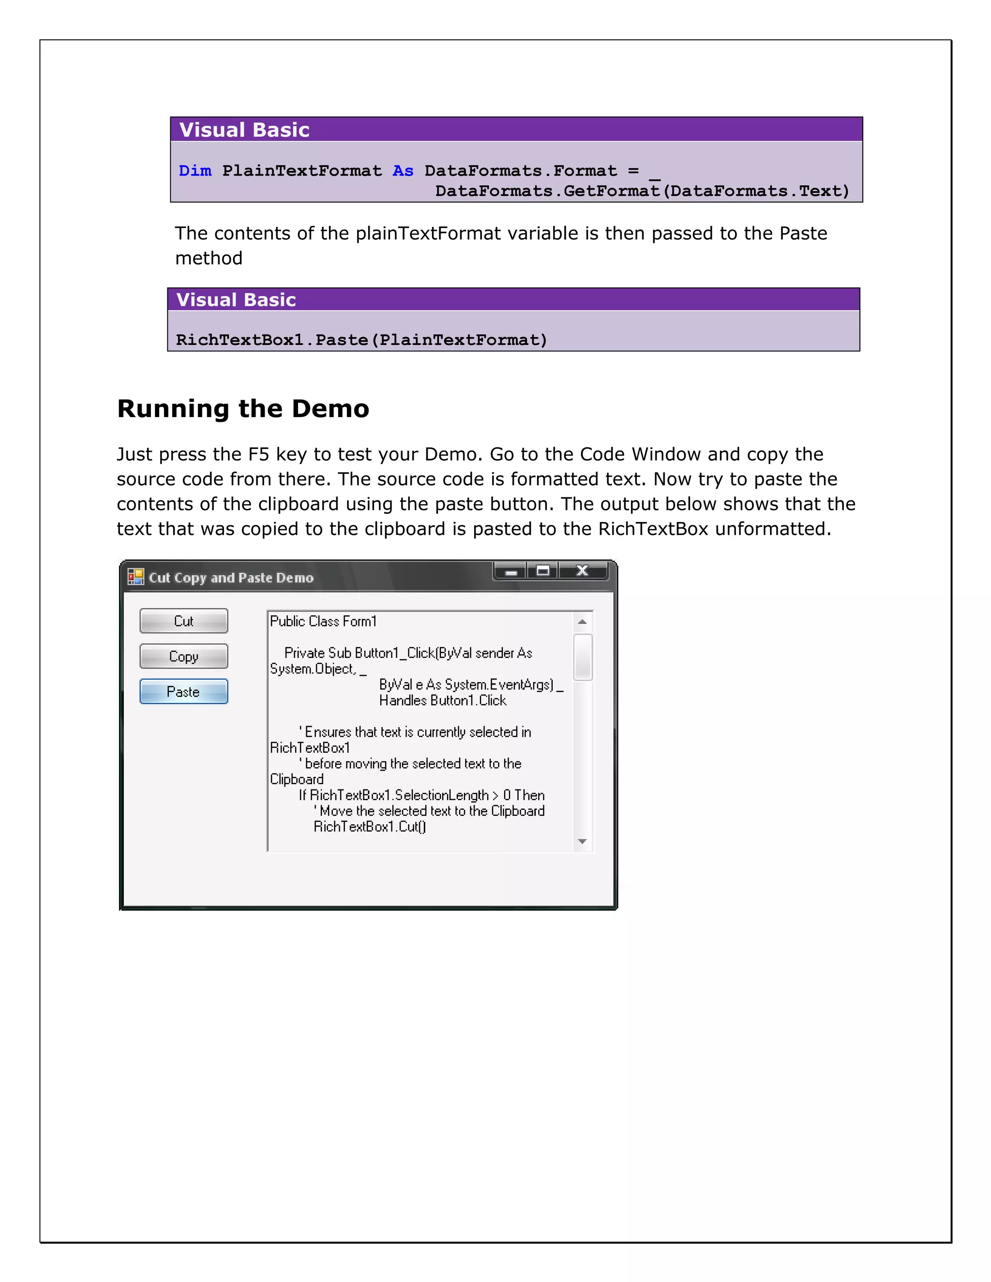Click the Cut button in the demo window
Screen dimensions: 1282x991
[x=184, y=621]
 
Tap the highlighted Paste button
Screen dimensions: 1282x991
[x=184, y=691]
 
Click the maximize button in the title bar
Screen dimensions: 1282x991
[x=543, y=570]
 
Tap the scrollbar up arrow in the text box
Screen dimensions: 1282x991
[x=583, y=622]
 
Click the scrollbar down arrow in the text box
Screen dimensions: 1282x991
[x=583, y=841]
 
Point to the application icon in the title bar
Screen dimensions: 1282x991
[x=135, y=577]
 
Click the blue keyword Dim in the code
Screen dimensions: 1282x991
[x=195, y=171]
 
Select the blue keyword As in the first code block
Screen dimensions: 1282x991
[x=403, y=171]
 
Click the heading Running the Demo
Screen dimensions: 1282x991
[x=243, y=409]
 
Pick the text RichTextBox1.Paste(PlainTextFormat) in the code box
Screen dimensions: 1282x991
[x=361, y=340]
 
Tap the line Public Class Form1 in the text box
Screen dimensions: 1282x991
[x=323, y=621]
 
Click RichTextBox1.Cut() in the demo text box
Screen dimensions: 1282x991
[x=370, y=826]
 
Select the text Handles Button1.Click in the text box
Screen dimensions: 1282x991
[x=443, y=701]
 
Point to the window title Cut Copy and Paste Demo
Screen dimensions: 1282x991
[x=231, y=578]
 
